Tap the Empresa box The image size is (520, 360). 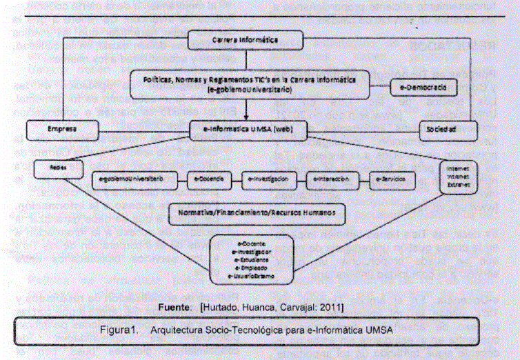[x=63, y=128]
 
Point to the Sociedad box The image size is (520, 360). [x=448, y=128]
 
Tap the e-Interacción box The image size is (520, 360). [x=333, y=179]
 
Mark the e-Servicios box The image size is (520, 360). [x=388, y=179]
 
